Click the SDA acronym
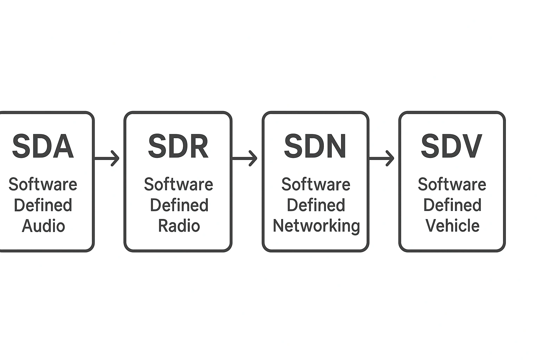(x=43, y=146)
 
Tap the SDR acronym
(x=178, y=146)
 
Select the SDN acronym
(x=315, y=146)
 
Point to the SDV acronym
(x=451, y=146)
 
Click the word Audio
(x=43, y=226)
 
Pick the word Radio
(x=179, y=226)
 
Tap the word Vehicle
(x=452, y=226)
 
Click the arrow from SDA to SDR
(x=107, y=159)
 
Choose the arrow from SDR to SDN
(x=244, y=159)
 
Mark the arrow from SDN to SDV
(x=381, y=159)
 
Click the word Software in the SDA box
(x=43, y=184)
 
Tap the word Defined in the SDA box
(x=43, y=205)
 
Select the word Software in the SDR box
(x=179, y=184)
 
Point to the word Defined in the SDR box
(x=179, y=205)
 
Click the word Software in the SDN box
(x=316, y=184)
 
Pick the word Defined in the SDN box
(x=316, y=205)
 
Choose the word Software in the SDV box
(x=452, y=184)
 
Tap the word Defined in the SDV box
(x=452, y=205)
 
